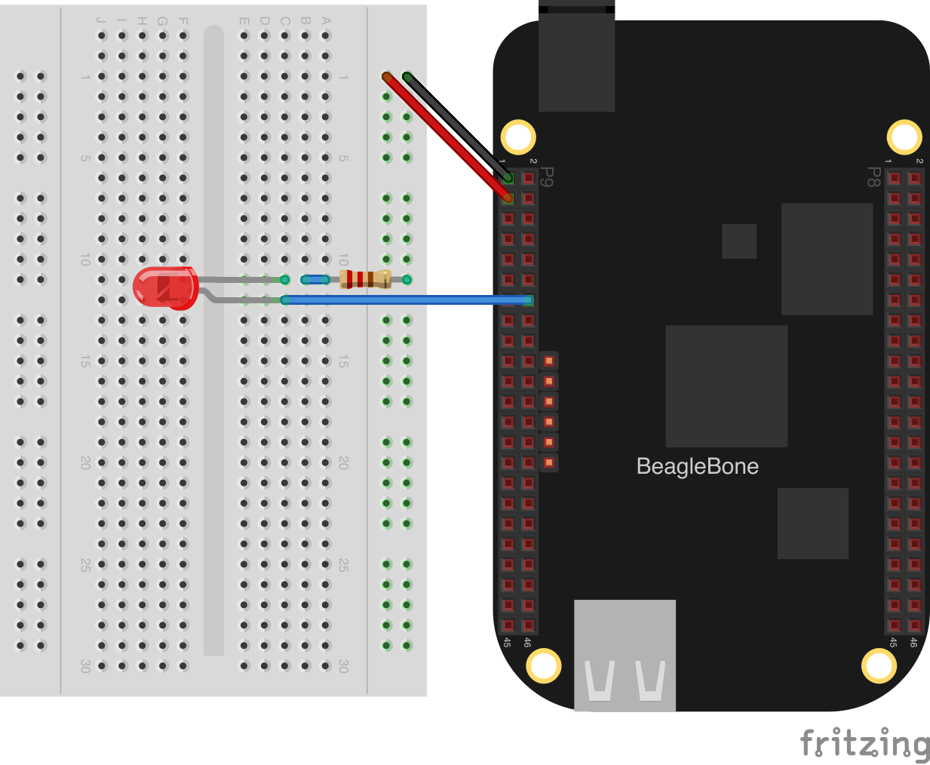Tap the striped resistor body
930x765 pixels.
(366, 279)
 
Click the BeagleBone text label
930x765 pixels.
(697, 466)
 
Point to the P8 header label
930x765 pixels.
(873, 177)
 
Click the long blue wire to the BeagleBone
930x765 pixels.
(407, 300)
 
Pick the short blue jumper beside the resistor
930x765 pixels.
(315, 280)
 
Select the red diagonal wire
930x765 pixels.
(445, 136)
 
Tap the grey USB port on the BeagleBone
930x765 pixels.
(625, 655)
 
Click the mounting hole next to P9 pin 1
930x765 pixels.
(518, 137)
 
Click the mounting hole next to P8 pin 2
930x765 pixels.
(904, 137)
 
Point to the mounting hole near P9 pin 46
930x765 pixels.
(543, 665)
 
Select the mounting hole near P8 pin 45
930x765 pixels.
(879, 665)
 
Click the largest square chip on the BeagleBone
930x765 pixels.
(726, 386)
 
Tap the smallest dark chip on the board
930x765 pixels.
(739, 241)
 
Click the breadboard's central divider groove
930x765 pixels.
(214, 339)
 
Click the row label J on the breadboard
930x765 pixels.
(101, 21)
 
